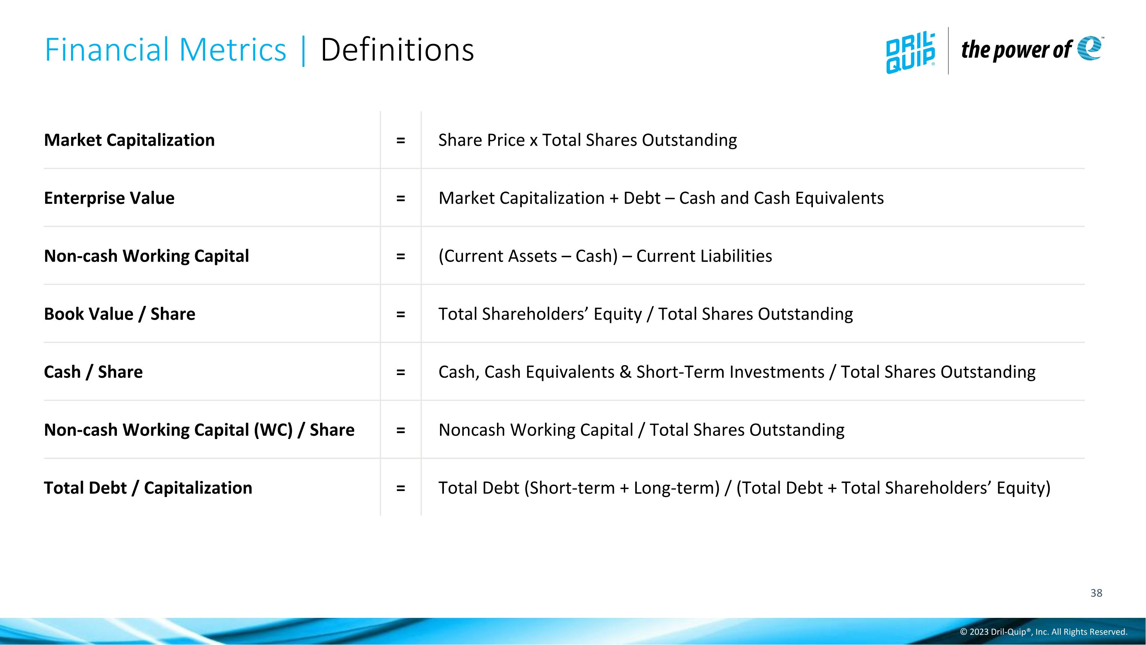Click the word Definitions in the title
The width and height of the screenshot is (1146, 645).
pyautogui.click(x=397, y=49)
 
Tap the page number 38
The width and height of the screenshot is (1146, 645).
pyautogui.click(x=1096, y=593)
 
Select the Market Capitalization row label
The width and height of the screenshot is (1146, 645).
pyautogui.click(x=129, y=140)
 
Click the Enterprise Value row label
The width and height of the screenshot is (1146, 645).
pyautogui.click(x=109, y=198)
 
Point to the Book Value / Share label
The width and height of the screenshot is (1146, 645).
pyautogui.click(x=119, y=314)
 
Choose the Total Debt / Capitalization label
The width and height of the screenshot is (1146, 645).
pyautogui.click(x=148, y=488)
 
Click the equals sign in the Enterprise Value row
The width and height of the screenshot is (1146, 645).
pyautogui.click(x=400, y=198)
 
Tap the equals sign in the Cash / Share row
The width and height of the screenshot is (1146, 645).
pyautogui.click(x=400, y=372)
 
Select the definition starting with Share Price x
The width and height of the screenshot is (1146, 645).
pyautogui.click(x=588, y=140)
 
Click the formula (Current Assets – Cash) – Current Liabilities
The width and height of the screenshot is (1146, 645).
pyautogui.click(x=605, y=256)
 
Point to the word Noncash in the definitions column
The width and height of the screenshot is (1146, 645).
pyautogui.click(x=471, y=430)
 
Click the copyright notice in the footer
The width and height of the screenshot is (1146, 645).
pyautogui.click(x=1043, y=632)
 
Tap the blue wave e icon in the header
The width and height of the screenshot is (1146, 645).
pyautogui.click(x=1089, y=48)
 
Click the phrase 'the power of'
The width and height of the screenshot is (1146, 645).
pyautogui.click(x=1016, y=49)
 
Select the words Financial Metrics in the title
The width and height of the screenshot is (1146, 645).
pyautogui.click(x=165, y=49)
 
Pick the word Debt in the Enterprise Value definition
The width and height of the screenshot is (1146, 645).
pyautogui.click(x=642, y=198)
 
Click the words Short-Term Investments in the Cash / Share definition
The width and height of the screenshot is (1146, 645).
pyautogui.click(x=730, y=372)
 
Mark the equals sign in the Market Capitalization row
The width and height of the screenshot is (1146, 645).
pyautogui.click(x=400, y=140)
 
